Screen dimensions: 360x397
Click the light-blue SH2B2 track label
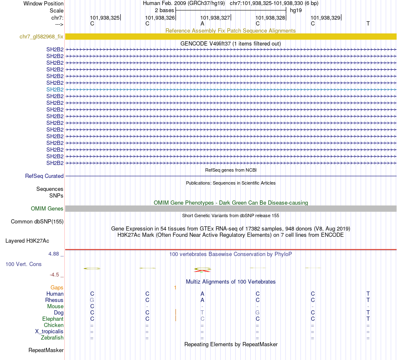pos(55,89)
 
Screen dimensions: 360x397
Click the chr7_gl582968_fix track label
pos(41,37)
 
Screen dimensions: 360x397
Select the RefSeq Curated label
pos(44,176)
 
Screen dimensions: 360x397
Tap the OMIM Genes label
pos(47,209)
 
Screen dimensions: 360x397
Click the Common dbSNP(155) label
pos(37,222)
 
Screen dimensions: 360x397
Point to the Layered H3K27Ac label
pos(27,241)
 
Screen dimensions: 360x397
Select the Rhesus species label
pos(54,300)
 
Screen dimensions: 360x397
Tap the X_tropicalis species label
pos(49,332)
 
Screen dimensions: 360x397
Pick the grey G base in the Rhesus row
pos(92,300)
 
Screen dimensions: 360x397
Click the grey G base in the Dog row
pos(257,313)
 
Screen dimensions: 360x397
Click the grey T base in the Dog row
pos(202,313)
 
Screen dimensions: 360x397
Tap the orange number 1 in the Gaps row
pos(175,288)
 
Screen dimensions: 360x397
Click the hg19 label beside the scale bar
pos(296,10)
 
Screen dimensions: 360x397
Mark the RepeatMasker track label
pos(46,350)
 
